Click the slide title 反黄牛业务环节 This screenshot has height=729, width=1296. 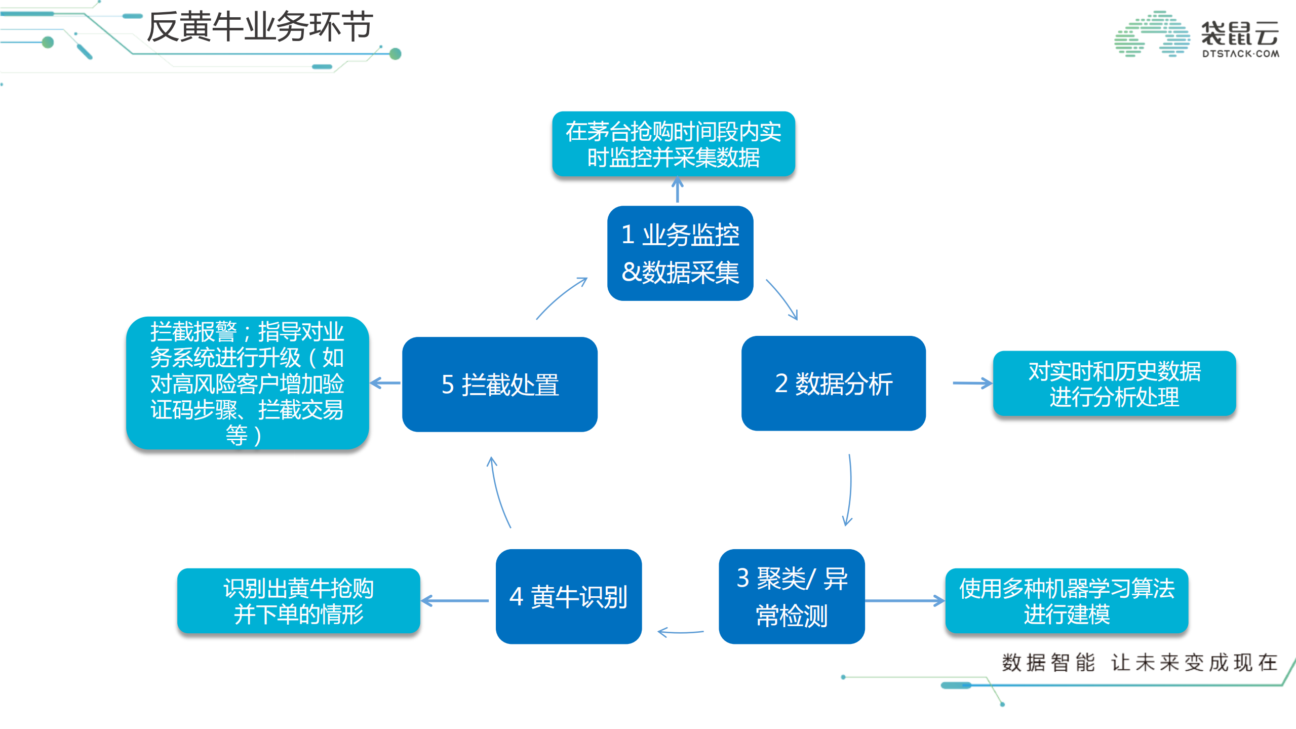pos(260,26)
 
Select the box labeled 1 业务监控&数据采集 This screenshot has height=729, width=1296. pos(680,253)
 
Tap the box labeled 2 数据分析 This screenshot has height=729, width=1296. pos(833,383)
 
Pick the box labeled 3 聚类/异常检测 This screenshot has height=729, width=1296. pos(791,596)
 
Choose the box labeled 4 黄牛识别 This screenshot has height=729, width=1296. pos(568,596)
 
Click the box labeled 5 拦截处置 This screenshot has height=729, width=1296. pos(499,384)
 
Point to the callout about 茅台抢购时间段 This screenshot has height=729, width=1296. pos(673,144)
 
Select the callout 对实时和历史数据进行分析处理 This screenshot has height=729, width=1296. pos(1114,383)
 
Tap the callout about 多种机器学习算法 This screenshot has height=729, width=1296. pos(1066,600)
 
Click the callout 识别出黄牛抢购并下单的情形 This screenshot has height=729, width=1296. pos(298,600)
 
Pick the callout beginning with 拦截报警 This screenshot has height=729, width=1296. pos(247,382)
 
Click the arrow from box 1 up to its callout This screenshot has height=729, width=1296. pos(677,189)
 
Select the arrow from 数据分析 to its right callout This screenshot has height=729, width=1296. pos(971,383)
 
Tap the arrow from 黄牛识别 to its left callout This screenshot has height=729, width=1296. pos(455,601)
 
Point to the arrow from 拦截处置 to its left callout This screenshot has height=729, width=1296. pos(385,383)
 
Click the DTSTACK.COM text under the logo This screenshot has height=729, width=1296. pos(1240,54)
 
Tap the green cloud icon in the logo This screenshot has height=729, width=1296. pos(1152,34)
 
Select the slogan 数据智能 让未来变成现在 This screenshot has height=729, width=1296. pos(1139,662)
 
